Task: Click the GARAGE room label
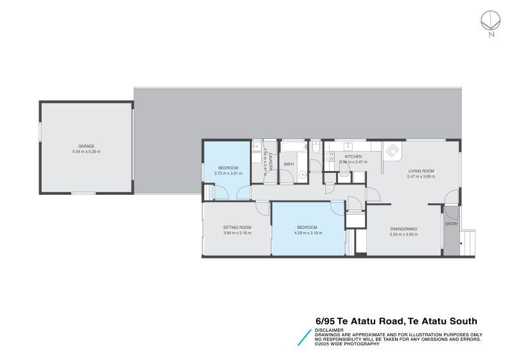[86, 146]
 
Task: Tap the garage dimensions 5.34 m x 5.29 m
[86, 152]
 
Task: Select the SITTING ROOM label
[237, 228]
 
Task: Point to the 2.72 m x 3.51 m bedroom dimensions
[228, 174]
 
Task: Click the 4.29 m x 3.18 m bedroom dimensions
[306, 233]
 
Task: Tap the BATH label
[288, 164]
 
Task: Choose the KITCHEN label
[353, 156]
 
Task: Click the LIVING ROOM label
[421, 171]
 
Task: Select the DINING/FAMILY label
[404, 229]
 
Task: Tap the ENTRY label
[452, 224]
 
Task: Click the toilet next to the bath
[316, 148]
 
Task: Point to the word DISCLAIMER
[329, 330]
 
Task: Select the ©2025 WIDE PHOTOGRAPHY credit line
[348, 345]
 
